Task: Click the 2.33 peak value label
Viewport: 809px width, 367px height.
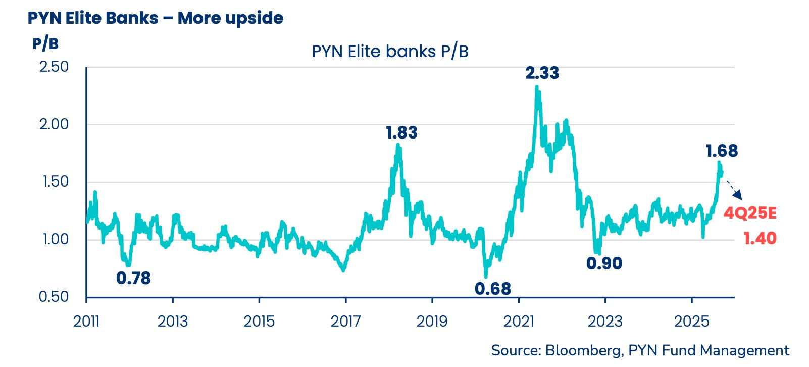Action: [542, 73]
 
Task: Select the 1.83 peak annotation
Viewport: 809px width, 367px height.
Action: [401, 133]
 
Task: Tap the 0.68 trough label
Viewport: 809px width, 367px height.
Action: [493, 289]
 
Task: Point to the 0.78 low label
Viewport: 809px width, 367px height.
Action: [133, 278]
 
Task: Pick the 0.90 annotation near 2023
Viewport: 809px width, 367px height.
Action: [604, 263]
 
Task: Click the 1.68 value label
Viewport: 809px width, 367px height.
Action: [722, 151]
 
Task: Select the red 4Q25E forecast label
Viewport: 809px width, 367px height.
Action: [750, 213]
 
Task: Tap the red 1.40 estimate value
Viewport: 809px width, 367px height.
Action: [760, 238]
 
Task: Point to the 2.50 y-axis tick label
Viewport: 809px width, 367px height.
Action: [54, 67]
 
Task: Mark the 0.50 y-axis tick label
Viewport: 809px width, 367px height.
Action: [54, 297]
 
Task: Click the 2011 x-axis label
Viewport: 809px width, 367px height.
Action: [86, 322]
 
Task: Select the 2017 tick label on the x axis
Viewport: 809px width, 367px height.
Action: [345, 322]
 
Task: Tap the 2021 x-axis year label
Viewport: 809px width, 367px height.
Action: [519, 322]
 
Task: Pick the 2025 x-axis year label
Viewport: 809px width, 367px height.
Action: [691, 322]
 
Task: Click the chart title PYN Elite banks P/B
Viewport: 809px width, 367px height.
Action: [390, 52]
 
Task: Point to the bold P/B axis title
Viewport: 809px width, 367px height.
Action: [45, 43]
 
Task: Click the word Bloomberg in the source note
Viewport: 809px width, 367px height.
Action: [584, 350]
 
